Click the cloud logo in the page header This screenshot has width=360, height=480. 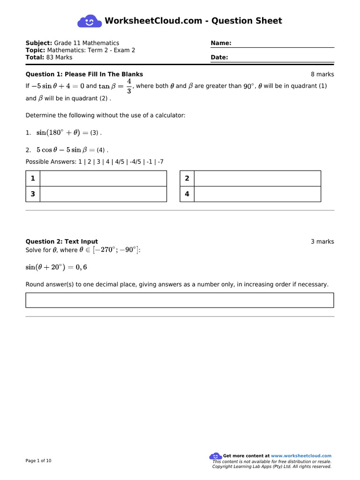(89, 21)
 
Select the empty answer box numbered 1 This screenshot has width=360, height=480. (103, 179)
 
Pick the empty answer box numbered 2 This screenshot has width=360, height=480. (257, 179)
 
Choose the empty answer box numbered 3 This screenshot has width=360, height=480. (103, 194)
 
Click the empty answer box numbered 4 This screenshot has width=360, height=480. (257, 194)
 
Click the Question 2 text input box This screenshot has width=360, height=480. (180, 300)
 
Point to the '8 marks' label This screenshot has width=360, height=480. (322, 75)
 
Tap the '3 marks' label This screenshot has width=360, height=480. (322, 242)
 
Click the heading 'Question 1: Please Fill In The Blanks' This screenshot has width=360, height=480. (84, 75)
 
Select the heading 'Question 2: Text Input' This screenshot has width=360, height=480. (61, 242)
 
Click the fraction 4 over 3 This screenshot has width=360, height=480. (129, 86)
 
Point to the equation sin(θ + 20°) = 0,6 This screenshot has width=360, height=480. (56, 267)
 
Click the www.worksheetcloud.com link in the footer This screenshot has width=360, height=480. (301, 456)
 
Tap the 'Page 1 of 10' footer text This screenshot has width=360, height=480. (38, 461)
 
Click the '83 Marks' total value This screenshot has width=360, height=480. (60, 58)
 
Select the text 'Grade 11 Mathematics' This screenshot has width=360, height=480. (87, 43)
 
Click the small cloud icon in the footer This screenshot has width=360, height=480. (215, 456)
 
